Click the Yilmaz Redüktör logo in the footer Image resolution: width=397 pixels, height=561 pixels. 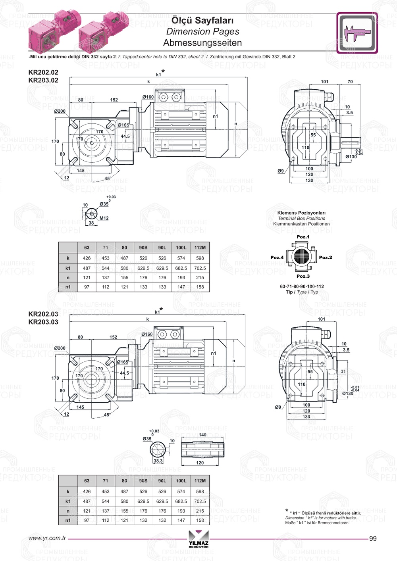coord(198,539)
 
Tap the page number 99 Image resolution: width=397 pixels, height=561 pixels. coord(373,538)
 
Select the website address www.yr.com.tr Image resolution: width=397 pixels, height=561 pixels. coord(47,538)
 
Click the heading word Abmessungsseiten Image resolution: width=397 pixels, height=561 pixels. coord(202,42)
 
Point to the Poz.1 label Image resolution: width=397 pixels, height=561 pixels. coord(303,237)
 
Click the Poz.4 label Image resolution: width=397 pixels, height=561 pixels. coord(277,257)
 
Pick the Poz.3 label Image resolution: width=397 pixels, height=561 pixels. coord(303,276)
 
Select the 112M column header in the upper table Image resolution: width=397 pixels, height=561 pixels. coord(200,248)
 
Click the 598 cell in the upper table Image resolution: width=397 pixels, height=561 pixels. coord(200,258)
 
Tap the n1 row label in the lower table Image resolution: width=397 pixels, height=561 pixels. coord(68,520)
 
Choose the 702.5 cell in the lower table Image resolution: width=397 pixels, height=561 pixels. coord(200,501)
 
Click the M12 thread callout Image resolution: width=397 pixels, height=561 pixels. coord(104,218)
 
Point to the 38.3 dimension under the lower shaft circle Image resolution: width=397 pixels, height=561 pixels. coord(158,461)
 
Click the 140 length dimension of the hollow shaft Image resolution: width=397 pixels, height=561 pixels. coord(202,435)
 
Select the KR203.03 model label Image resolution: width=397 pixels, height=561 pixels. coord(43,322)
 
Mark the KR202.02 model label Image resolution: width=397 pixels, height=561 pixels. coord(43,72)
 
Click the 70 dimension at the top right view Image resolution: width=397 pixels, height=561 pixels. coord(350,82)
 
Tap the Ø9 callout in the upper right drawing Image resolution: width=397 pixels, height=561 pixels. coord(281,171)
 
